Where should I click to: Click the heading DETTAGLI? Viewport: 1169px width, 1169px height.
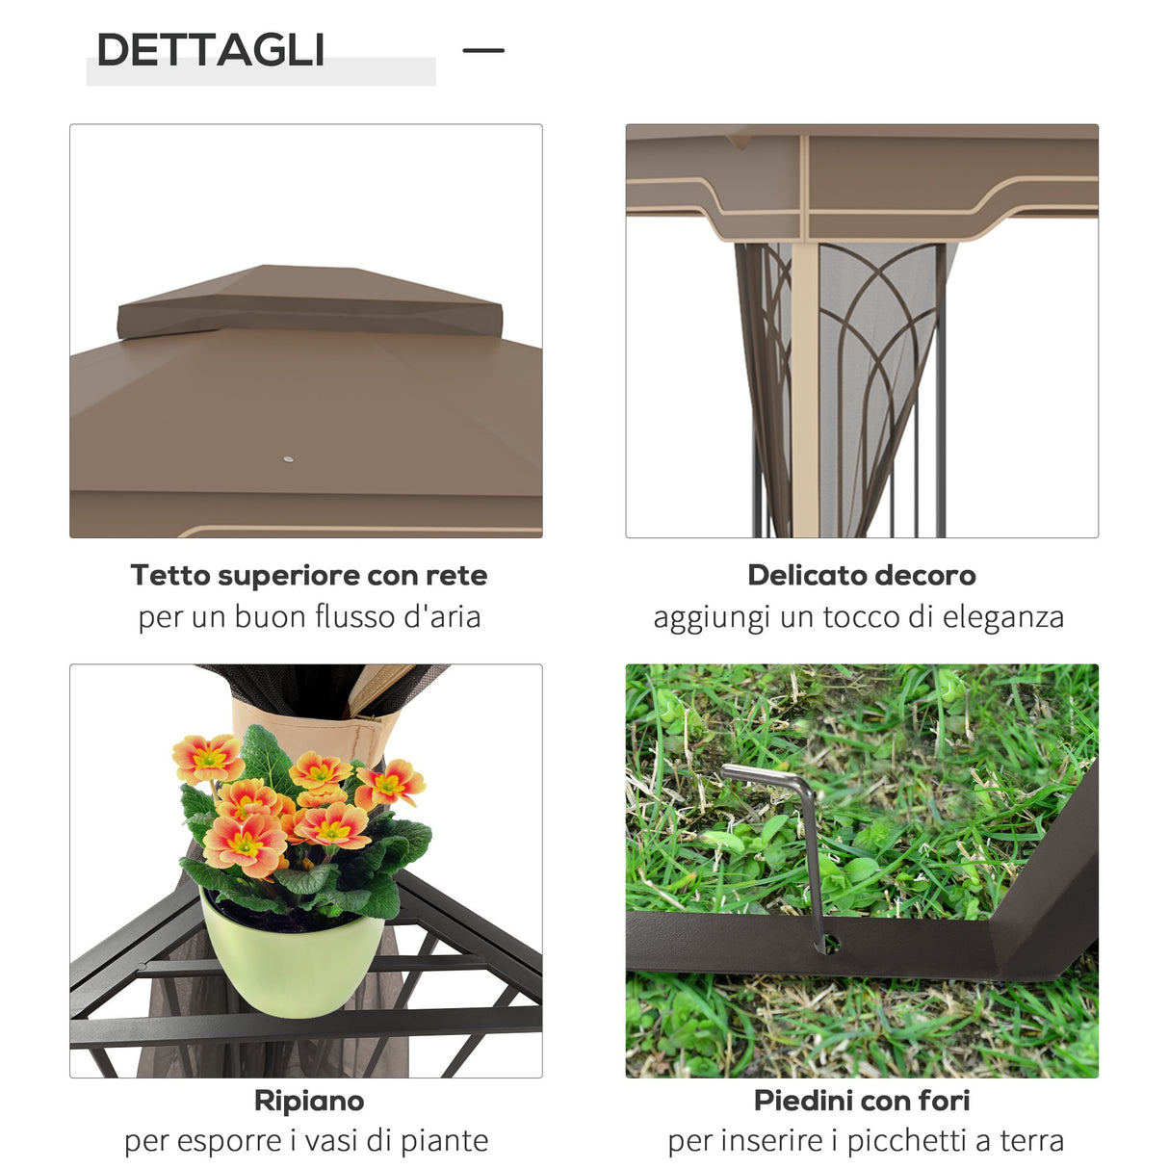point(210,50)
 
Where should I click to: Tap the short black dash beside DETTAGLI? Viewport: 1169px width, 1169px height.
point(483,50)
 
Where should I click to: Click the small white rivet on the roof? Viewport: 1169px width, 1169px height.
point(287,459)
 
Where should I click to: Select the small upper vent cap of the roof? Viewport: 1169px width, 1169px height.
point(308,301)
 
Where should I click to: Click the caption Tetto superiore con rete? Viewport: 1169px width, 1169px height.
point(309,575)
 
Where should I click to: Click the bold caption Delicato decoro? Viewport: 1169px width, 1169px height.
point(861,575)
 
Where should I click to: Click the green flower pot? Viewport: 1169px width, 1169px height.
point(289,963)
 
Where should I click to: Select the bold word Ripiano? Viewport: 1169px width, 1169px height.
point(309,1100)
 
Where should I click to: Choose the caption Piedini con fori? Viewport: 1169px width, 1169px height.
point(861,1100)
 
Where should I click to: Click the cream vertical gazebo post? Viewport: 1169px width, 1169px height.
point(805,385)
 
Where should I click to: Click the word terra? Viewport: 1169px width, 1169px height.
point(1031,1141)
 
